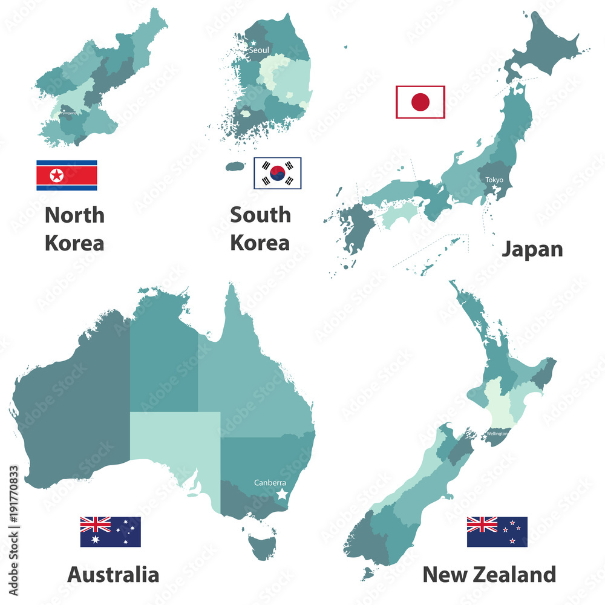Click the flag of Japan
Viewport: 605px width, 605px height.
tap(420, 102)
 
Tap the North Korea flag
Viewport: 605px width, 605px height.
tap(67, 175)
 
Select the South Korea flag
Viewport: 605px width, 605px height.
tap(277, 172)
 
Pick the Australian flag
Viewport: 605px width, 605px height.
tap(110, 532)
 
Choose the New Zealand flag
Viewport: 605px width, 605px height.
tap(497, 532)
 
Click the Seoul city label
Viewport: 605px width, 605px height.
tap(259, 51)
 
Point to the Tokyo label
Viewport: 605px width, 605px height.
tap(494, 180)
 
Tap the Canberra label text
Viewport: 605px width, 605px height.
tap(270, 483)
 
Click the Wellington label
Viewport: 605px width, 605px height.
tap(496, 433)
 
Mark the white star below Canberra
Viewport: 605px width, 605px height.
tap(282, 494)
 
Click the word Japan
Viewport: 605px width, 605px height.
tap(532, 249)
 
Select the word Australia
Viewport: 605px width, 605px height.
tap(113, 574)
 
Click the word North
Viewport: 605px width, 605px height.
tap(74, 215)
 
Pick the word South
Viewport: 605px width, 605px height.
tap(260, 215)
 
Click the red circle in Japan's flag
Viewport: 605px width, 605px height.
tap(420, 102)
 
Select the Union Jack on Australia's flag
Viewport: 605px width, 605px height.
tap(96, 524)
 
